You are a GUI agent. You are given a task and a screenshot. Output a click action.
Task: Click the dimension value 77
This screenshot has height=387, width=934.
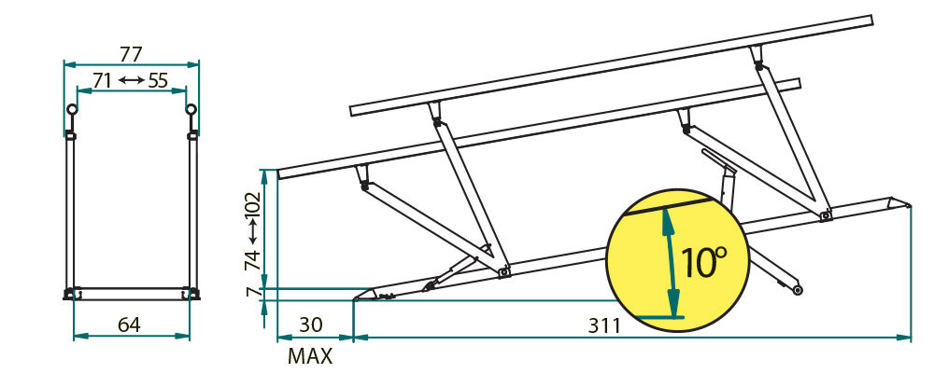132,52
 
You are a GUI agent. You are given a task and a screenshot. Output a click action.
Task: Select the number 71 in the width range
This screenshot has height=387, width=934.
103,81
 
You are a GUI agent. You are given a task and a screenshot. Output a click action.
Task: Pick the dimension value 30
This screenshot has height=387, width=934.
310,325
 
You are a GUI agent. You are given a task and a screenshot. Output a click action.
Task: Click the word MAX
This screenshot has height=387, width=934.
310,355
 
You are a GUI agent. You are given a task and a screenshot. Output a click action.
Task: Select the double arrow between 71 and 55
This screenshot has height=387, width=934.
131,81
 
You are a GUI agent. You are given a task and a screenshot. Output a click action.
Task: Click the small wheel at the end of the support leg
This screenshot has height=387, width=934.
799,290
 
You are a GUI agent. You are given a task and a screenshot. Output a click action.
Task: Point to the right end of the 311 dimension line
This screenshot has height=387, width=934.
909,336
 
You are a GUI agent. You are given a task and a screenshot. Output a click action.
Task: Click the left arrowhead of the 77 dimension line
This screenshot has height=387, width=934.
66,64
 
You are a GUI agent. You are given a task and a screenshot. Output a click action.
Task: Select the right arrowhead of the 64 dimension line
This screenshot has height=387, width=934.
189,336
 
